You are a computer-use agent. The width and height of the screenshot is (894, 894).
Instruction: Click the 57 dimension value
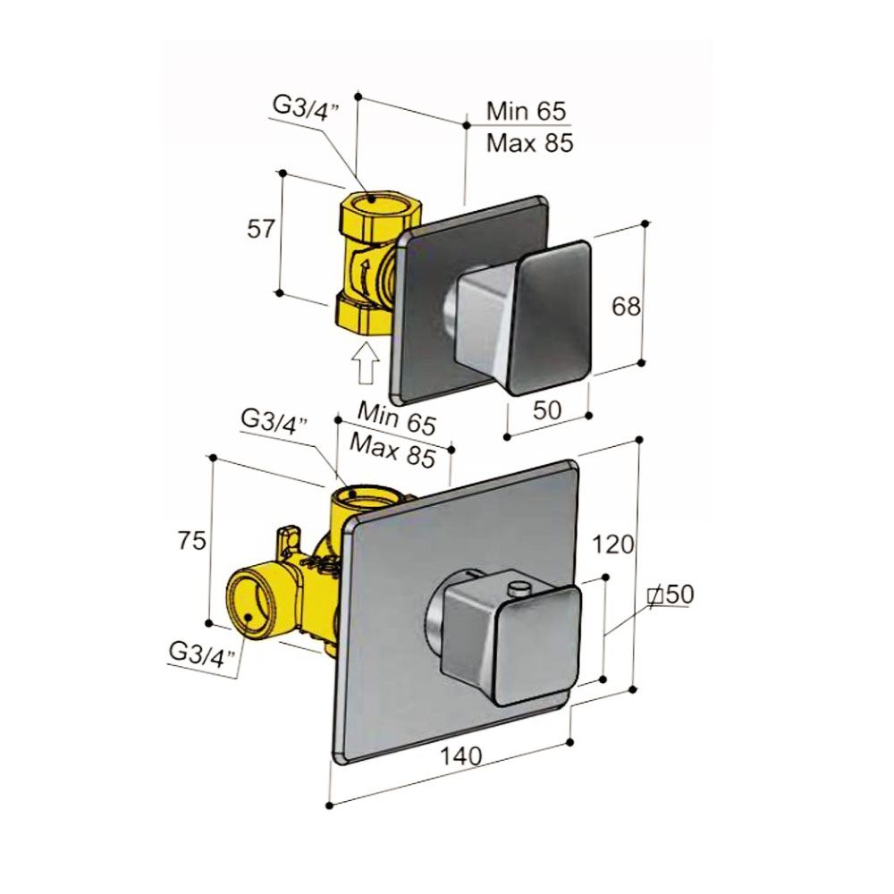(259, 229)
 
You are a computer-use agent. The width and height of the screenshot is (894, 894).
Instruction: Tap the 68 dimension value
(627, 307)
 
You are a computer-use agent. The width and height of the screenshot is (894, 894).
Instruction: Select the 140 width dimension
(462, 756)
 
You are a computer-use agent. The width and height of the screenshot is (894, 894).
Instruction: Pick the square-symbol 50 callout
(670, 594)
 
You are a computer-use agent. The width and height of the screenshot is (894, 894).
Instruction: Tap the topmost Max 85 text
(529, 143)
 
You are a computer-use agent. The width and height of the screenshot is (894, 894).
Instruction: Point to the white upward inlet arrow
(365, 365)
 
